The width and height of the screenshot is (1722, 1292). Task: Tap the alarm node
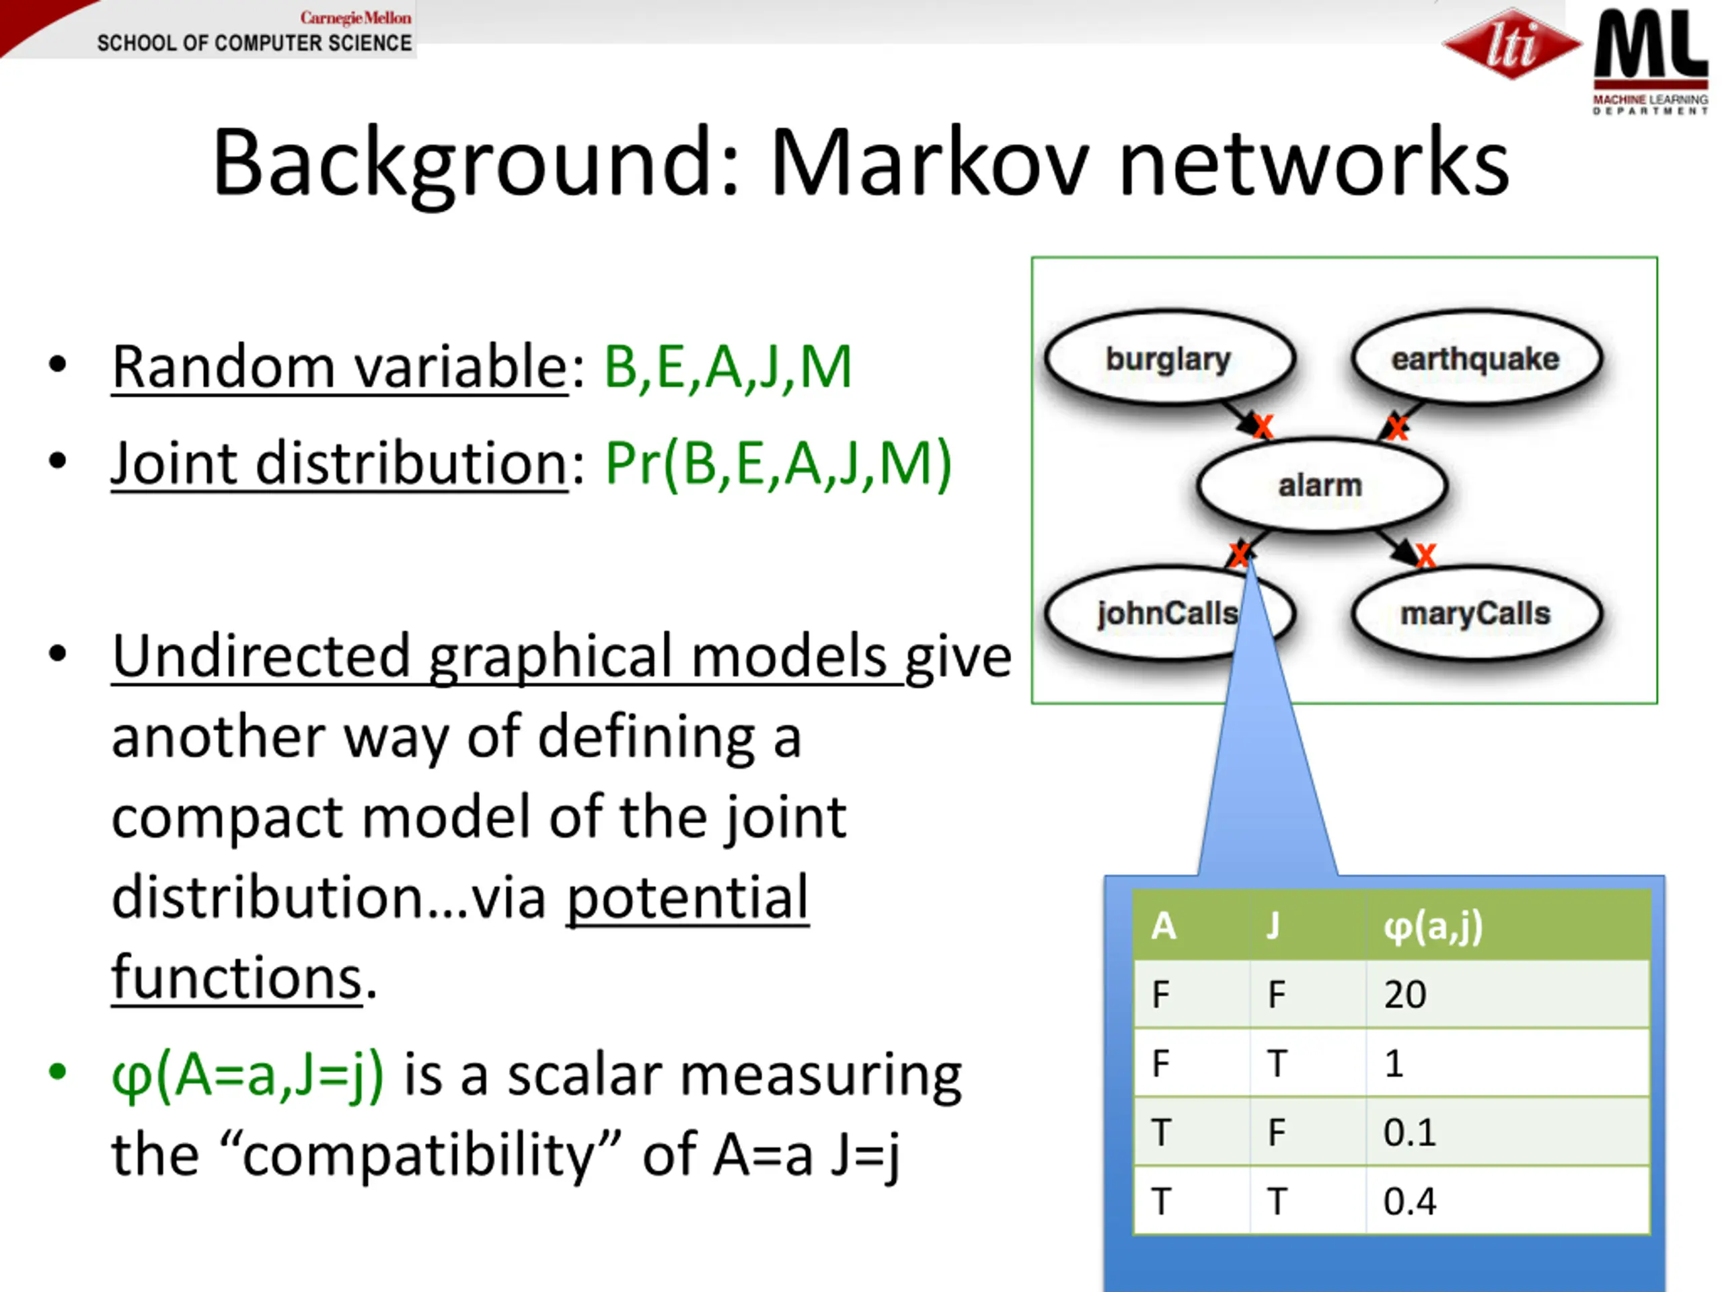(1321, 485)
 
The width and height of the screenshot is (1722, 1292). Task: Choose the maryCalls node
(1476, 614)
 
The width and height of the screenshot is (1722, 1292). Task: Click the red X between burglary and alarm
(1263, 426)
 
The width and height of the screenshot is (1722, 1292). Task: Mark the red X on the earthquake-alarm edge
(1396, 427)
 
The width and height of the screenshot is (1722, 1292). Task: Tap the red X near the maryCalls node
(1425, 555)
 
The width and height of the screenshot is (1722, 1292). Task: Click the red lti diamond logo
(1511, 44)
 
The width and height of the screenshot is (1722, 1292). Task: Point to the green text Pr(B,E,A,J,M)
(778, 464)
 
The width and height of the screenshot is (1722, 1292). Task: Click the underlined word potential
(687, 898)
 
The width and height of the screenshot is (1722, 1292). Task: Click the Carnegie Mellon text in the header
(356, 17)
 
